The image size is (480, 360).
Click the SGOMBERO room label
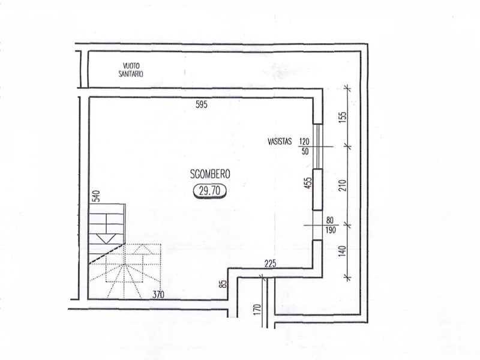click(x=209, y=174)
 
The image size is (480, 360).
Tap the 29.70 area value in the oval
click(x=209, y=191)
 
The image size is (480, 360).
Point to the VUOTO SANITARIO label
click(x=131, y=70)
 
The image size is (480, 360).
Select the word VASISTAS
click(x=280, y=142)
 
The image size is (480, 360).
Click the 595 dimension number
click(x=202, y=104)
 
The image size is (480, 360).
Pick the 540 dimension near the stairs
click(x=96, y=196)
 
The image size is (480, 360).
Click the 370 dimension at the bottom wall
click(x=158, y=295)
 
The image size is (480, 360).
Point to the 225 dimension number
click(x=271, y=263)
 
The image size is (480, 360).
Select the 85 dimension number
click(x=224, y=284)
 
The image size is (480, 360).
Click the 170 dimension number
click(x=257, y=309)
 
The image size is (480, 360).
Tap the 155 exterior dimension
click(x=343, y=117)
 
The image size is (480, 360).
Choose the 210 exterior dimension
click(x=343, y=185)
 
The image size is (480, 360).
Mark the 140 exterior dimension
click(x=343, y=251)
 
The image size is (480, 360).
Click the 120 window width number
click(x=305, y=142)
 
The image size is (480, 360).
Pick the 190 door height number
click(x=331, y=230)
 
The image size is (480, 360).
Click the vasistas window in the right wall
click(x=318, y=146)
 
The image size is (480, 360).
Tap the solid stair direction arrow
click(x=106, y=238)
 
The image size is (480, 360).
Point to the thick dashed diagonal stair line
click(x=107, y=254)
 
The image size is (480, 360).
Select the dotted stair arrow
click(x=143, y=248)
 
